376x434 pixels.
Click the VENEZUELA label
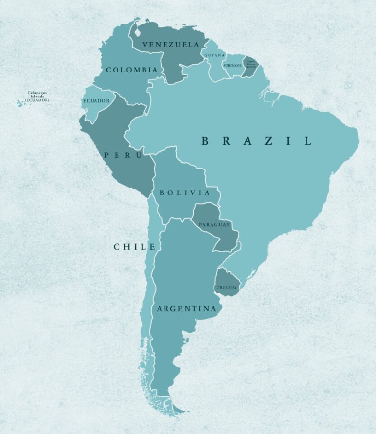point(170,45)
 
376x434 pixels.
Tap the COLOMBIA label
point(132,70)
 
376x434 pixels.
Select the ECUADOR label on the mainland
point(96,101)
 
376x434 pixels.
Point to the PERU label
point(122,155)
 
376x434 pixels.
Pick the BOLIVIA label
point(184,193)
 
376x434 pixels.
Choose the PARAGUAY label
point(214,224)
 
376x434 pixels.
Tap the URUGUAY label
point(226,287)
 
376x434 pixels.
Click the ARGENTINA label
point(186,309)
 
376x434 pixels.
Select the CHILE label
point(135,247)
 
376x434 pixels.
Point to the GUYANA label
point(214,55)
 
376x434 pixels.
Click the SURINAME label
point(232,65)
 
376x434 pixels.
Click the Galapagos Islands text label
point(38,96)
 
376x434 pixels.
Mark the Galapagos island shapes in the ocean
point(21,103)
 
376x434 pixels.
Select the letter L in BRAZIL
point(307,141)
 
